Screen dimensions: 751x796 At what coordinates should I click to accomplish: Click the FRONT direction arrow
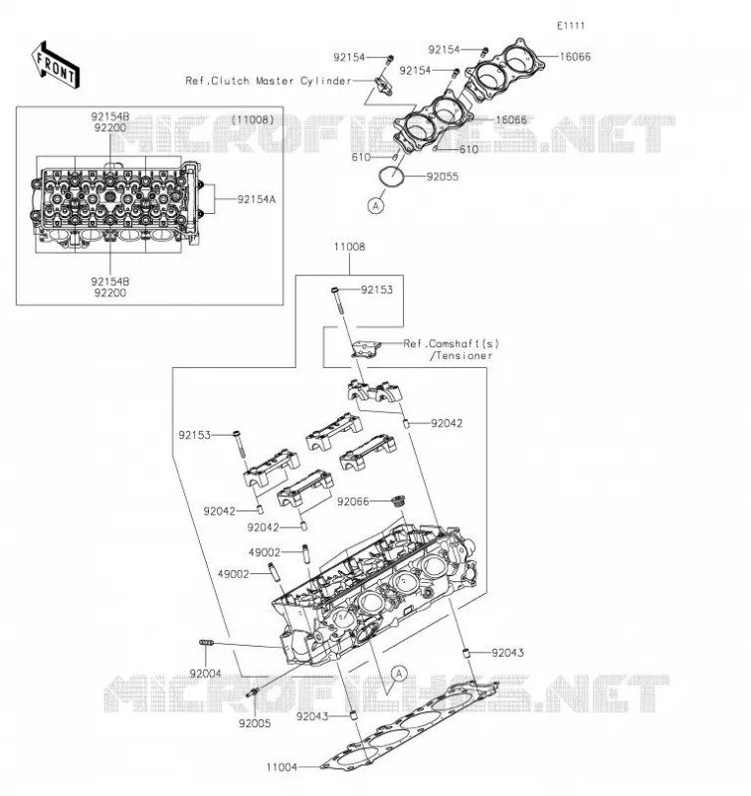(x=56, y=67)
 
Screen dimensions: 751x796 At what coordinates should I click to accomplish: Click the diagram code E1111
(x=571, y=26)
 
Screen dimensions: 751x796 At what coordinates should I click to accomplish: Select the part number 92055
(x=443, y=177)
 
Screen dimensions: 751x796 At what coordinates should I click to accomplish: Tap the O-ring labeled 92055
(x=391, y=176)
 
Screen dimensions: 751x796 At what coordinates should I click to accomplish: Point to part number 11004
(x=282, y=767)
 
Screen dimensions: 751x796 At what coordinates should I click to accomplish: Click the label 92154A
(x=257, y=200)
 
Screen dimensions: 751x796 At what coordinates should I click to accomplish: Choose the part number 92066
(x=353, y=501)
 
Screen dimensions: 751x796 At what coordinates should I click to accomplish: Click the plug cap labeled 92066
(x=399, y=500)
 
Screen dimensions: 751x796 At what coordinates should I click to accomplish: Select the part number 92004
(x=206, y=674)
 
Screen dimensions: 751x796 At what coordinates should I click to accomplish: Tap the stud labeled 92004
(x=206, y=643)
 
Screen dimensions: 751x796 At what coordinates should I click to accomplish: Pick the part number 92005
(x=255, y=723)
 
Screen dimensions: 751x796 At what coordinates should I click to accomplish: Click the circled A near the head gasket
(x=399, y=674)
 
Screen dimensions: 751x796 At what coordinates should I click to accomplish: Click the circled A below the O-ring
(x=376, y=206)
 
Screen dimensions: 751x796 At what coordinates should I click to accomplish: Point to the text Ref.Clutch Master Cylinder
(x=269, y=82)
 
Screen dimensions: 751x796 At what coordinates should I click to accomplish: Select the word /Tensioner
(x=462, y=356)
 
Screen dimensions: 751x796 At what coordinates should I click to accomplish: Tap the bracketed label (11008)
(x=253, y=119)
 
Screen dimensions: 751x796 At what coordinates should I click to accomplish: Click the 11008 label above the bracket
(x=349, y=247)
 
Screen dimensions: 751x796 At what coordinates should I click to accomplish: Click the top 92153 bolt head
(x=335, y=290)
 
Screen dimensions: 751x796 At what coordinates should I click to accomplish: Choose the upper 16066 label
(x=575, y=57)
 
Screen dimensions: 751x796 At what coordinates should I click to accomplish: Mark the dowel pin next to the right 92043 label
(x=465, y=653)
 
